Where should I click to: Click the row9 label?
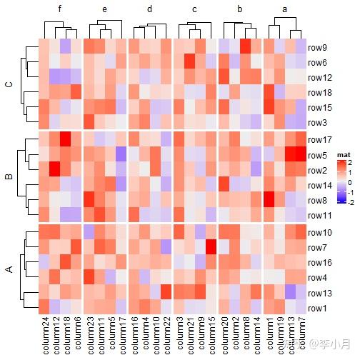pos(317,48)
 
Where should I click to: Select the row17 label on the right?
pos(320,140)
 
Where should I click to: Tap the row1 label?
pos(317,309)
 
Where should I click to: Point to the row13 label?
pos(320,294)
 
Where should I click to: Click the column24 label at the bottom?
pos(44,335)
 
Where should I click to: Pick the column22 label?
pos(166,335)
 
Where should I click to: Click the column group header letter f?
pos(60,9)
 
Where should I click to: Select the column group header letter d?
pos(149,9)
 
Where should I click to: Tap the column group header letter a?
pos(284,9)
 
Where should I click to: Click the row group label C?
pos(9,85)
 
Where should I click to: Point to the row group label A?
pos(9,269)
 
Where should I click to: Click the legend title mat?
pos(344,155)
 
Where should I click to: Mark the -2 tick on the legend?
pos(351,203)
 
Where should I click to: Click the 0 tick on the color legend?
pos(349,183)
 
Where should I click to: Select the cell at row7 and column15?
pos(211,247)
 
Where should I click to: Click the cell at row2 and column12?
pos(54,169)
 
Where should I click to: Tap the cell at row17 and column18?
pos(65,139)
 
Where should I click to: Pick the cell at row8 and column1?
pos(269,199)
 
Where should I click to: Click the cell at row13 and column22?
pos(166,292)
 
